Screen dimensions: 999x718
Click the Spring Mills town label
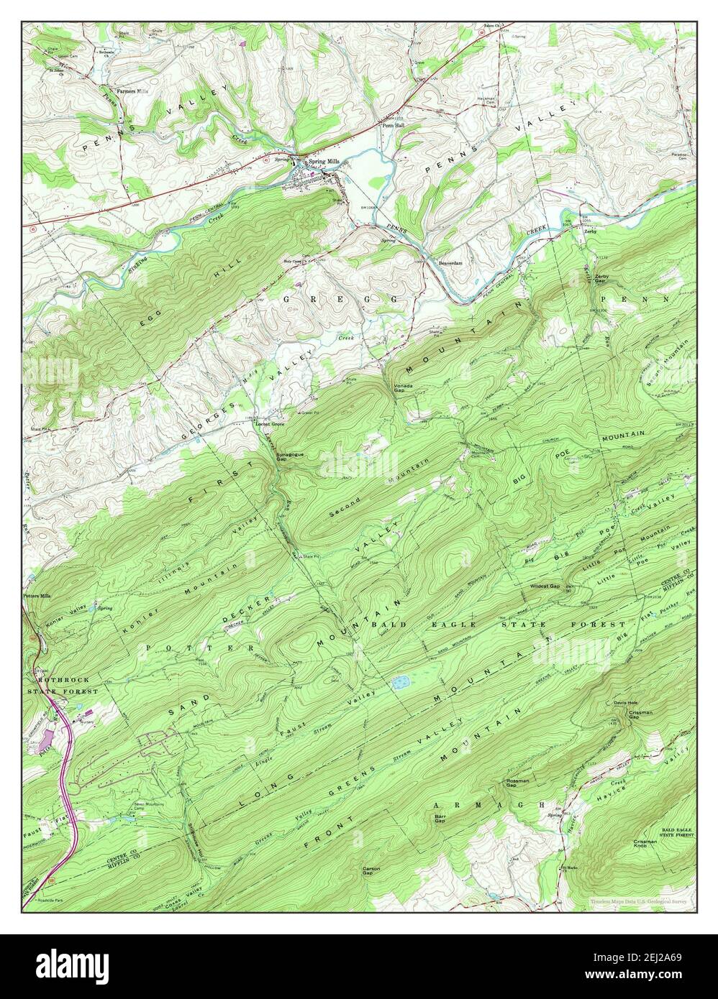point(323,162)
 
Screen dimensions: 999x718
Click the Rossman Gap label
point(517,783)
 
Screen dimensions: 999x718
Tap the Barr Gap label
point(440,819)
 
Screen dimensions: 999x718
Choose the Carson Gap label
point(371,870)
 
